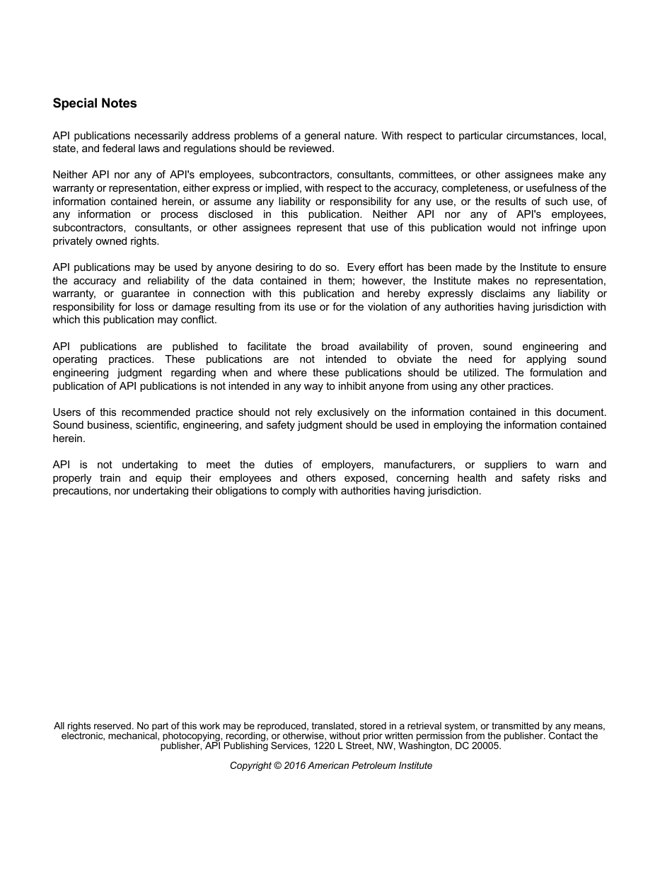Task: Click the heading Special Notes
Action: tap(95, 103)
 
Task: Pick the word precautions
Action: tap(81, 491)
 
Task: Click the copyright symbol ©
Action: tap(277, 765)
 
